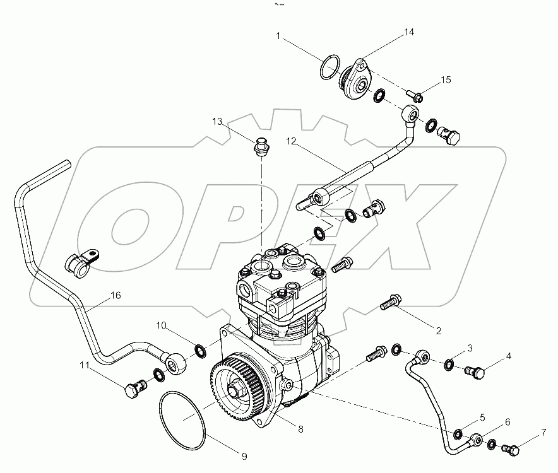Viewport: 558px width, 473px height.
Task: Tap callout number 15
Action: coord(446,80)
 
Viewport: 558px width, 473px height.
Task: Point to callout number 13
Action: coord(217,121)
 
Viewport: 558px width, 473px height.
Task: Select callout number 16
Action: coord(115,295)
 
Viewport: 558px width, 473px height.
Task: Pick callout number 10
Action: coord(162,326)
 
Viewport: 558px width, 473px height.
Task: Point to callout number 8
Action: coord(300,429)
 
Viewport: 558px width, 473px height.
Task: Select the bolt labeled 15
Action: coord(414,96)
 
